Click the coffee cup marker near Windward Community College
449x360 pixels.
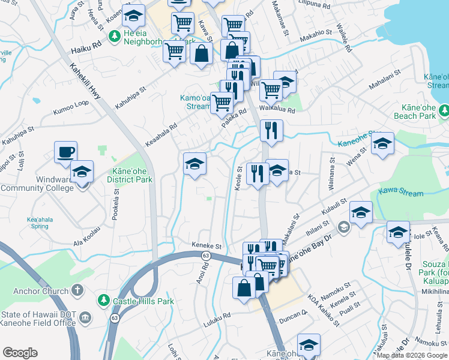(x=65, y=152)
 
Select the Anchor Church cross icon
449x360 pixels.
(x=77, y=290)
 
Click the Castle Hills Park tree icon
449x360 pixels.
(x=103, y=299)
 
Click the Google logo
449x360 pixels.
(x=20, y=353)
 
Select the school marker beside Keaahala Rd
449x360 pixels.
(x=194, y=164)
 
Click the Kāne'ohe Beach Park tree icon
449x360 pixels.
(x=444, y=110)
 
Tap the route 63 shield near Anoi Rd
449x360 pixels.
(x=205, y=256)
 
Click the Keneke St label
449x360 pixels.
(x=207, y=246)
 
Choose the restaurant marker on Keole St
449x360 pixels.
(x=258, y=174)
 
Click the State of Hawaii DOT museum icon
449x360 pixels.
(x=85, y=317)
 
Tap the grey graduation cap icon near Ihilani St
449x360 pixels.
(x=343, y=227)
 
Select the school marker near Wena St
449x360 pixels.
(x=382, y=143)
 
